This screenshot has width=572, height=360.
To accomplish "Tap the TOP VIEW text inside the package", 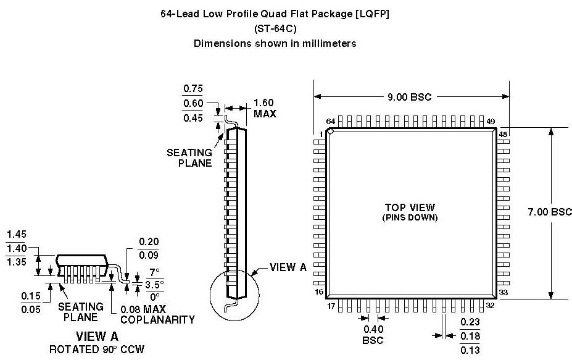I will [x=410, y=207].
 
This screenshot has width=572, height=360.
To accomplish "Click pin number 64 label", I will [x=331, y=122].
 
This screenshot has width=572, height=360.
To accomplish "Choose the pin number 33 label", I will [x=503, y=293].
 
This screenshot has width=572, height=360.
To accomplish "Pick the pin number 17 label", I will [x=331, y=304].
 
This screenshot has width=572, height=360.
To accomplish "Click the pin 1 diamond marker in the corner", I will [x=331, y=132].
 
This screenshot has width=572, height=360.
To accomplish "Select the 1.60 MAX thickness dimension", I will [x=265, y=108].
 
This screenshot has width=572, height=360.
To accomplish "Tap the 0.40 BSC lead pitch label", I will [x=373, y=334].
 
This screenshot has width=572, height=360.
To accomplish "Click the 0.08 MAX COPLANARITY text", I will [x=157, y=314].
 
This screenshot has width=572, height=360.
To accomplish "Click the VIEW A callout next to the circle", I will [x=288, y=267].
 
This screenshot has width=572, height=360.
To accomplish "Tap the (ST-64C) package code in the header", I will [x=275, y=28].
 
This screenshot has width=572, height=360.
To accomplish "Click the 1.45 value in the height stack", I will [x=16, y=235].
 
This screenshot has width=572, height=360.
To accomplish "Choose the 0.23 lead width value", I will [x=471, y=321].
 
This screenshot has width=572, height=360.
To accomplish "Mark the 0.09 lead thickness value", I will [x=147, y=254].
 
